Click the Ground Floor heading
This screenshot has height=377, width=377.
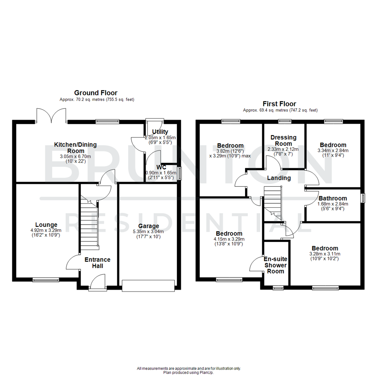pyautogui.click(x=96, y=93)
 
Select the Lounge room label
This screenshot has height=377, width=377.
pyautogui.click(x=46, y=224)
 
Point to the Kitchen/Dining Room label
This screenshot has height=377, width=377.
pyautogui.click(x=75, y=148)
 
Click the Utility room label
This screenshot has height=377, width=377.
pyautogui.click(x=160, y=132)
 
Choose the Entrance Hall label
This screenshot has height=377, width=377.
pyautogui.click(x=97, y=263)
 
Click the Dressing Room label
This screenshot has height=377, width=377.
pyautogui.click(x=283, y=140)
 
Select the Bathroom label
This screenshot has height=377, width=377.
pyautogui.click(x=333, y=198)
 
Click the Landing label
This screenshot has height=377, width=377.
pyautogui.click(x=279, y=178)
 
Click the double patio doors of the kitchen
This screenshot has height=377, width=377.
pyautogui.click(x=51, y=116)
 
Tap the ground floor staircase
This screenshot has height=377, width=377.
pyautogui.click(x=90, y=223)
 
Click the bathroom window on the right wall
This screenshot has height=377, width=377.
pyautogui.click(x=363, y=198)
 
